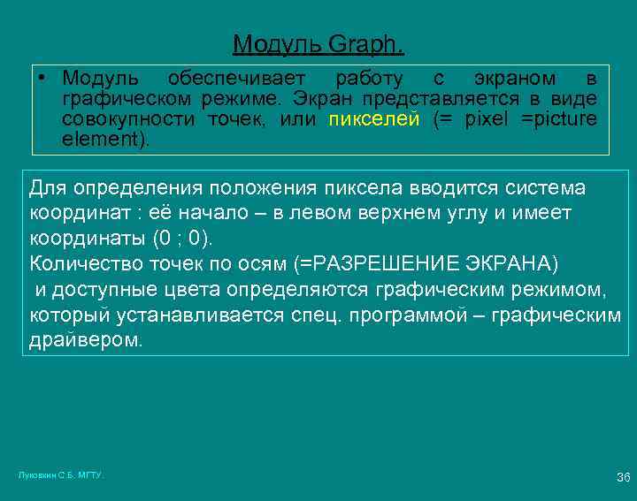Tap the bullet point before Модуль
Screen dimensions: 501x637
(x=42, y=78)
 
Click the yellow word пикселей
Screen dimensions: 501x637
(x=373, y=119)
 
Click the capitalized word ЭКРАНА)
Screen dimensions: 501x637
(x=507, y=263)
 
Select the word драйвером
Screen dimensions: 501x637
(x=85, y=340)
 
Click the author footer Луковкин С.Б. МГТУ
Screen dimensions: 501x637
(x=61, y=474)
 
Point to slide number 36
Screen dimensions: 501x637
(x=623, y=477)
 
